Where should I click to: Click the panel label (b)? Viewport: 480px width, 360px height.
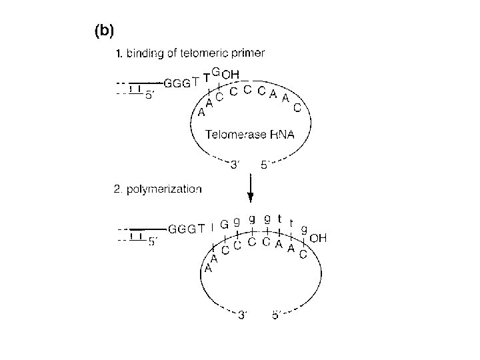104,30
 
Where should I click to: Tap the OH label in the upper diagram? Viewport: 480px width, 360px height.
231,74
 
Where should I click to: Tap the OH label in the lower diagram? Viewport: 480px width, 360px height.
318,237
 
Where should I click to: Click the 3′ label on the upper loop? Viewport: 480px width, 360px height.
235,164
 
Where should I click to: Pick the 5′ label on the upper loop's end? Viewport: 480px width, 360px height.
265,164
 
